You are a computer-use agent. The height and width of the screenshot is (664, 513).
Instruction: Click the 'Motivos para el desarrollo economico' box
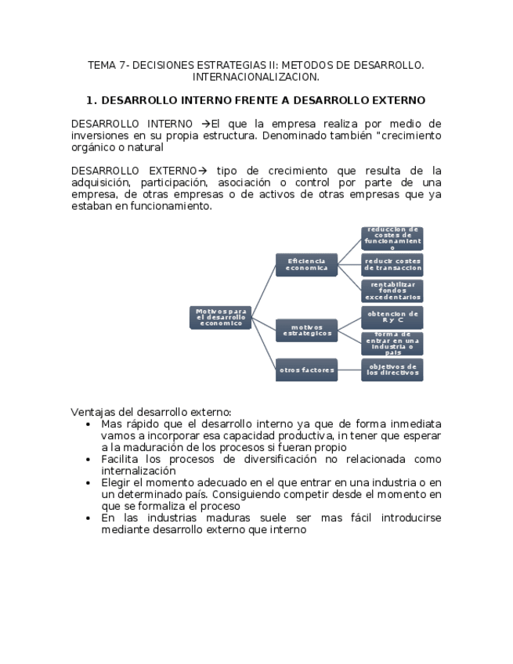click(x=221, y=317)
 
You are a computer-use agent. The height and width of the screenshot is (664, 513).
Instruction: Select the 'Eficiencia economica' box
click(x=306, y=265)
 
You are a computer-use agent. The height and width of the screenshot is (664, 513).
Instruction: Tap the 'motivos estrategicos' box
click(x=306, y=330)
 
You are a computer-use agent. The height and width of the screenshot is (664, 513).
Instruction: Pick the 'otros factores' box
click(x=306, y=370)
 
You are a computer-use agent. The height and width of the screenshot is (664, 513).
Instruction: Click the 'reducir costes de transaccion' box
click(x=392, y=265)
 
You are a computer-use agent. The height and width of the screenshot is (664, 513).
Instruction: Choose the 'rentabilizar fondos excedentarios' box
click(x=392, y=290)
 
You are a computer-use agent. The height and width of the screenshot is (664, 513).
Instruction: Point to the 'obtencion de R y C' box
click(x=392, y=317)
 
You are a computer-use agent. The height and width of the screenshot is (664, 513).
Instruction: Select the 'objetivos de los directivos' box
click(x=392, y=370)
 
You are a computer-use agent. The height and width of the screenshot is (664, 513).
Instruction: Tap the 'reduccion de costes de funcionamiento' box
click(x=392, y=238)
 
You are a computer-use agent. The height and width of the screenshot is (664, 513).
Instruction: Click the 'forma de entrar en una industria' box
click(x=392, y=343)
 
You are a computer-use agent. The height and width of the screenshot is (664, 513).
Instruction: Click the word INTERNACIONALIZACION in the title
click(x=256, y=78)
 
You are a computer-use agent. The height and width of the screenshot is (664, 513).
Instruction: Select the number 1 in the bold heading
click(x=90, y=101)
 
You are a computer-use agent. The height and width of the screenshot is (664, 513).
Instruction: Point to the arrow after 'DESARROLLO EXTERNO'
click(x=201, y=171)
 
